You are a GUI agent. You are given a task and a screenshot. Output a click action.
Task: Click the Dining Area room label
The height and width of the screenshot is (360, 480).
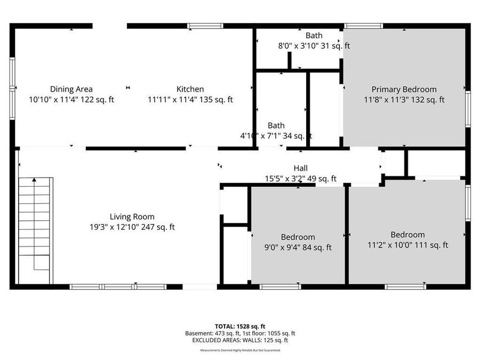(x=71, y=89)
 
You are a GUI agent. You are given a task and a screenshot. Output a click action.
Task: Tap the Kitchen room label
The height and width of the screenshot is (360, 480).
(x=190, y=89)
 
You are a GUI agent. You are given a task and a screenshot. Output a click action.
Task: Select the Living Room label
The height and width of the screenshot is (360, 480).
(x=132, y=217)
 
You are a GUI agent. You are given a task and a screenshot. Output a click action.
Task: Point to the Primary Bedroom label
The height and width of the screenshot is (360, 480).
(x=404, y=89)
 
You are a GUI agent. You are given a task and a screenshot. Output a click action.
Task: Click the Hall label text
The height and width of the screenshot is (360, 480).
(x=301, y=168)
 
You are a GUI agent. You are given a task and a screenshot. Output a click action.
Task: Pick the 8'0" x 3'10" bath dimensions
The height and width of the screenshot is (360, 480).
(x=314, y=46)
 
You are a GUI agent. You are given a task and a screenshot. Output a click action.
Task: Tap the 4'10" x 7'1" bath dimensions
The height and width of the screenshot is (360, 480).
(x=276, y=136)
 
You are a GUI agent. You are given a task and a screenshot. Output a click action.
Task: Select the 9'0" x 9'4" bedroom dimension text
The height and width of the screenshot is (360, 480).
(x=298, y=247)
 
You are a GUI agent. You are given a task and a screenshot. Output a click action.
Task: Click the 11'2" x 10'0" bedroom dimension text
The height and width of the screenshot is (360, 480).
(x=407, y=245)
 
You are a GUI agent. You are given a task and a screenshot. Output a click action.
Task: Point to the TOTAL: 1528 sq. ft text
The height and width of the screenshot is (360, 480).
(x=239, y=325)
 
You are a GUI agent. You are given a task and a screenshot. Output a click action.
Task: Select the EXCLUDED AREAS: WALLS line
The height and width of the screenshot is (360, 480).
(x=240, y=340)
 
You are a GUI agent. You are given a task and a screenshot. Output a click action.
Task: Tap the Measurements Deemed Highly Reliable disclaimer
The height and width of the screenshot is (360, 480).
(x=240, y=350)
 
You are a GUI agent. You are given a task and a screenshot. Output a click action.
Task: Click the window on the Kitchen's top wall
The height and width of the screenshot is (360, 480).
(x=205, y=26)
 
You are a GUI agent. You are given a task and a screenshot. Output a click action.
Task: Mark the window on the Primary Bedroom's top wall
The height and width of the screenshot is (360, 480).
(x=363, y=26)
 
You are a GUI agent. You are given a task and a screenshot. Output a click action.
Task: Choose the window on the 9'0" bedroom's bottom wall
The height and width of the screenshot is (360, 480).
(x=281, y=287)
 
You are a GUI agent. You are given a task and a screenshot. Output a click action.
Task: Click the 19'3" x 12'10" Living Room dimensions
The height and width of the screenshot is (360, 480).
(x=132, y=227)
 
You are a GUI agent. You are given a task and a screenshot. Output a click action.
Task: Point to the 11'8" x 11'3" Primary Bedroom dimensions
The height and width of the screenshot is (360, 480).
(x=404, y=99)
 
